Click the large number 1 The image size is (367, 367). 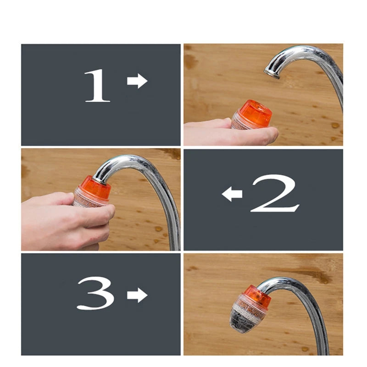pyautogui.click(x=97, y=86)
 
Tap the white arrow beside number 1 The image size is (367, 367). pyautogui.click(x=137, y=81)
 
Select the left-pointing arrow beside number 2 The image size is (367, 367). pyautogui.click(x=232, y=195)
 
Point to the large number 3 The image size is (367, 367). pyautogui.click(x=95, y=294)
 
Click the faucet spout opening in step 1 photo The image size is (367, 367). pyautogui.click(x=272, y=73)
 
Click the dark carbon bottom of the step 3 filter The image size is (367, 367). pyautogui.click(x=242, y=323)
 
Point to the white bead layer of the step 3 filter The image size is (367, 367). pyautogui.click(x=248, y=308)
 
